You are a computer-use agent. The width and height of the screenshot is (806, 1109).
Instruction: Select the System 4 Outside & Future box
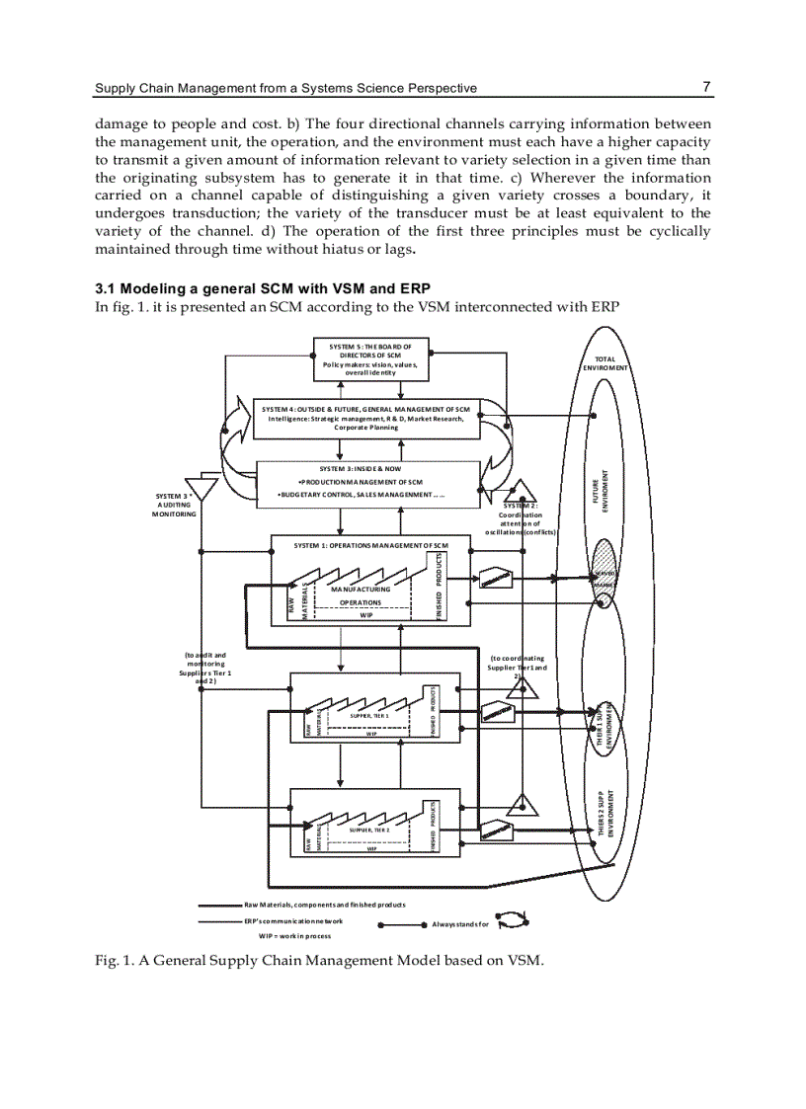[366, 417]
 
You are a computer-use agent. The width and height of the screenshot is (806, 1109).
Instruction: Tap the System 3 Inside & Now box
[366, 482]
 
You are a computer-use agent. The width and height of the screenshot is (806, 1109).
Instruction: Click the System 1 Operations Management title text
[371, 545]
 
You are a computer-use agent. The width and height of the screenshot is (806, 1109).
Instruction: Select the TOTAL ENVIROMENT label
[605, 362]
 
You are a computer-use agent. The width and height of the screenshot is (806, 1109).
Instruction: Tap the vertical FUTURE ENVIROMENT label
[604, 488]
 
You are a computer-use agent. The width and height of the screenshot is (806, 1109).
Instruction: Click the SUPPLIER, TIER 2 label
[369, 831]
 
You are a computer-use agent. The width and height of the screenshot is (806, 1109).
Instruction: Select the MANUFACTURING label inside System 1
[361, 589]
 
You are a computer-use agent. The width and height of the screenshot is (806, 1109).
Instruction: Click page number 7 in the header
[706, 87]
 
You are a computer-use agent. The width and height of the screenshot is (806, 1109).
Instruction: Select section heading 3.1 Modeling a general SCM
[253, 289]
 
